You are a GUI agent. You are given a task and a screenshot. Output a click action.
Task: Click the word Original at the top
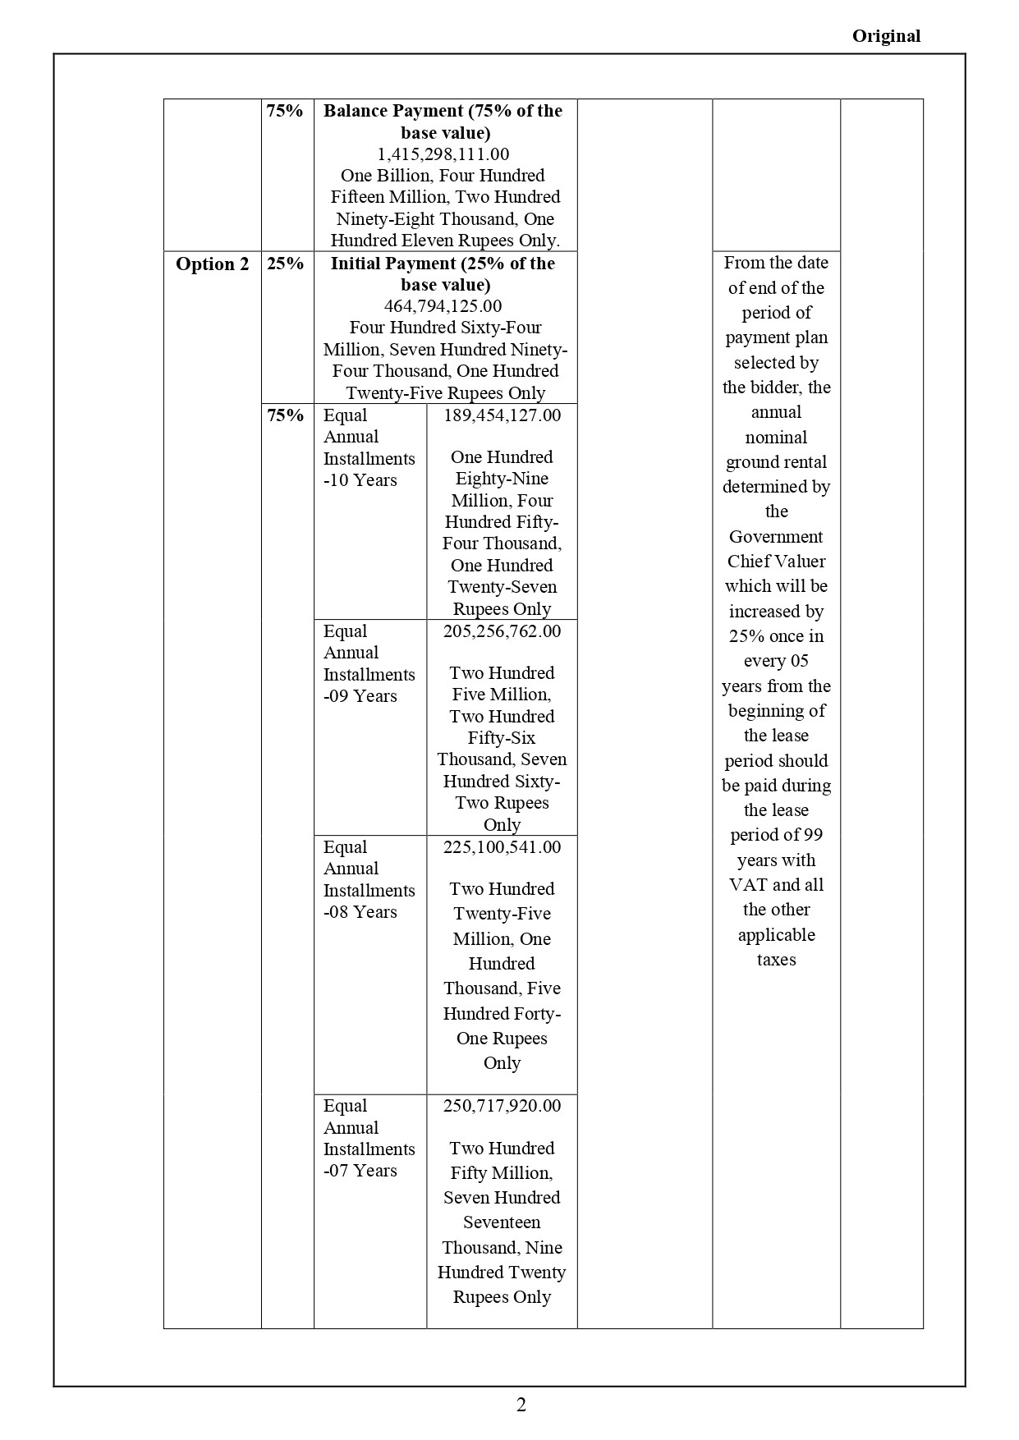(886, 36)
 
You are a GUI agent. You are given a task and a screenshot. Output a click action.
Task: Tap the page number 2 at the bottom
(521, 1405)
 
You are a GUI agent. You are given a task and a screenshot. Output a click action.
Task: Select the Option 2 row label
(212, 264)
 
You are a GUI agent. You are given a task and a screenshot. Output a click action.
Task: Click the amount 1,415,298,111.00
(443, 154)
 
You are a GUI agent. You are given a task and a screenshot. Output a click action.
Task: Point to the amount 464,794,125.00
(443, 306)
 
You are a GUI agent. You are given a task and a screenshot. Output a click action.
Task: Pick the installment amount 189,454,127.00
(502, 415)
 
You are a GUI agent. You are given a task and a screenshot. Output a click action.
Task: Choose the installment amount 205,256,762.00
(502, 631)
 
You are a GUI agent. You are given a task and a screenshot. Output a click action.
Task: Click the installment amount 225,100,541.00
(502, 847)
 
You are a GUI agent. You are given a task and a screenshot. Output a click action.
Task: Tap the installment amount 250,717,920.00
(502, 1106)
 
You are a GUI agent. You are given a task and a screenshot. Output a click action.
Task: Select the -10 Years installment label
(360, 480)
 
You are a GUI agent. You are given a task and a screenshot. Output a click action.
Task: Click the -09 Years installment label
(360, 696)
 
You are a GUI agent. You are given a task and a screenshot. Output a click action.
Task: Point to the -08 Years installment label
(360, 912)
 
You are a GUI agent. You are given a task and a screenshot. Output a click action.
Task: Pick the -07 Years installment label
(360, 1171)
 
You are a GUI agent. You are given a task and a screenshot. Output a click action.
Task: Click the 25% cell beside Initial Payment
(286, 264)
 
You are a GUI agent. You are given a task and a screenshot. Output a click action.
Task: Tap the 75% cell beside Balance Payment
(286, 111)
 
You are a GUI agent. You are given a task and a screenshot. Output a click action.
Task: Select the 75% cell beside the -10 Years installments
(286, 415)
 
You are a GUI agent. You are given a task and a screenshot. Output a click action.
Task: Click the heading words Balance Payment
(393, 111)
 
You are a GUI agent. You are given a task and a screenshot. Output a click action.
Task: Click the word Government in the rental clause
(776, 537)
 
